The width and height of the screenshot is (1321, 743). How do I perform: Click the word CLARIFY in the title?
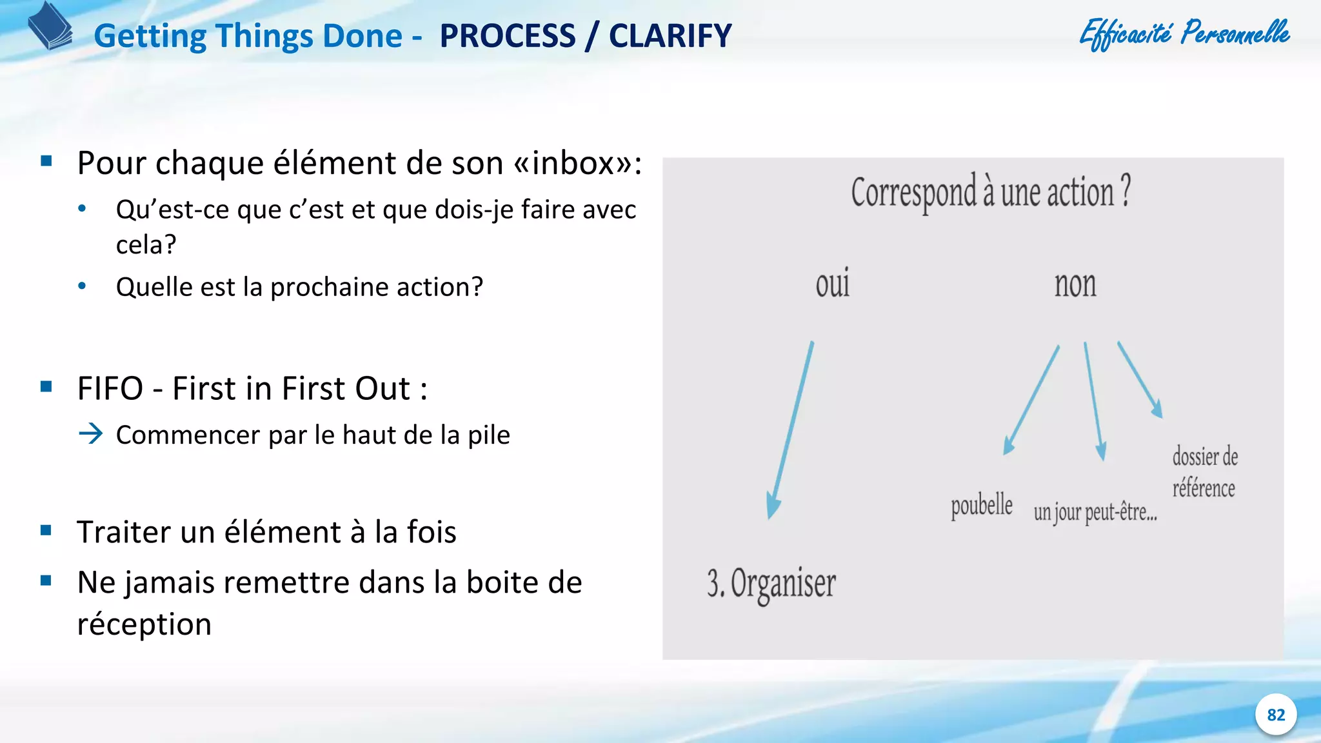click(x=670, y=36)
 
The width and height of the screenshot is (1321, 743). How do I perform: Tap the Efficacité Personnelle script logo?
click(x=1184, y=34)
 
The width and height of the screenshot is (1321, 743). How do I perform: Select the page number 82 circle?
click(x=1275, y=715)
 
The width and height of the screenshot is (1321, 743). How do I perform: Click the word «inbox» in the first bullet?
click(x=573, y=163)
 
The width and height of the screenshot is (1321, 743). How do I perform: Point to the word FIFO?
click(x=110, y=388)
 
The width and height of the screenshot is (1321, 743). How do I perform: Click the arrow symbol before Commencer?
click(x=91, y=433)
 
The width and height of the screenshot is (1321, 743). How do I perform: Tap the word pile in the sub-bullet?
click(x=489, y=435)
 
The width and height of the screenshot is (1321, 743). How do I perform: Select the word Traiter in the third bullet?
click(x=124, y=532)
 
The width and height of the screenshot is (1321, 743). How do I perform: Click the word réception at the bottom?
click(x=144, y=624)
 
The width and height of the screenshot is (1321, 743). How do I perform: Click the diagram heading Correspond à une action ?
click(x=991, y=192)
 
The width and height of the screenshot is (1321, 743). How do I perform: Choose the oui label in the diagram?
click(x=832, y=284)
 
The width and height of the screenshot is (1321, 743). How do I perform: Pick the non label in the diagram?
click(x=1075, y=284)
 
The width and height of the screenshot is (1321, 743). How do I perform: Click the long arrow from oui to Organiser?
click(x=791, y=429)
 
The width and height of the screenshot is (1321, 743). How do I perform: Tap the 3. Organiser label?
click(x=771, y=584)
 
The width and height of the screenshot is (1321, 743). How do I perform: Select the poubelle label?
click(x=981, y=506)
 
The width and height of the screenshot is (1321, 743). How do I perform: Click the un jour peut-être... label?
click(x=1095, y=512)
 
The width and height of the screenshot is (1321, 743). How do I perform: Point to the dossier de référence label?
click(x=1204, y=472)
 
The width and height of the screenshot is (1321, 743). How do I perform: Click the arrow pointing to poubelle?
click(x=1031, y=400)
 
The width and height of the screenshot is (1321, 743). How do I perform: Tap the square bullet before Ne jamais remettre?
click(x=46, y=580)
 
